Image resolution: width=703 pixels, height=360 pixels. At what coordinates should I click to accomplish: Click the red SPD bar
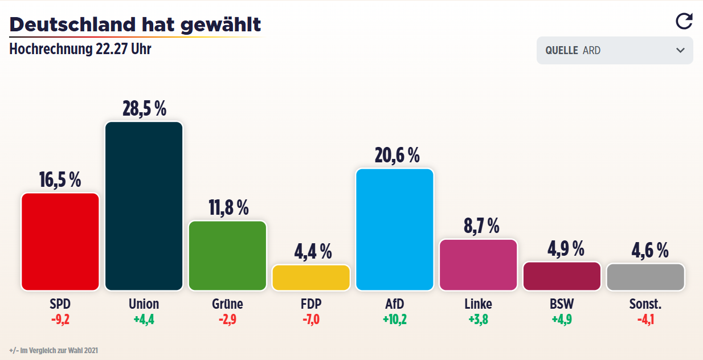click(x=60, y=242)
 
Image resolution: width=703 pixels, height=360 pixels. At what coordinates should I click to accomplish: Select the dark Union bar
click(x=144, y=206)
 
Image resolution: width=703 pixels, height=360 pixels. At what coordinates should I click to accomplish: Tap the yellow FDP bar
click(x=311, y=277)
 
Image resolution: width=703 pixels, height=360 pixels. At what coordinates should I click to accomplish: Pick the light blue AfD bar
click(x=394, y=230)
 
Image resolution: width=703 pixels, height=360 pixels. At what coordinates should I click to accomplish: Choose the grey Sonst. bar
click(x=645, y=277)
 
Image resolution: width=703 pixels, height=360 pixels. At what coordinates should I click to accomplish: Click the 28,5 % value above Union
click(x=144, y=108)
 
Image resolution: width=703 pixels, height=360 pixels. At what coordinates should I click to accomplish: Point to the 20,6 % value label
click(x=397, y=155)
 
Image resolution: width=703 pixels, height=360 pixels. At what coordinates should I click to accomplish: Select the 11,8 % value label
click(x=228, y=207)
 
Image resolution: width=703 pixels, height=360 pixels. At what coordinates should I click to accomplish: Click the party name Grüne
click(x=227, y=304)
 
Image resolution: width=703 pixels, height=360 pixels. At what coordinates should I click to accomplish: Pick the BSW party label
click(x=562, y=304)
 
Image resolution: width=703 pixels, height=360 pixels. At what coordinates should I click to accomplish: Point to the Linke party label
click(x=478, y=304)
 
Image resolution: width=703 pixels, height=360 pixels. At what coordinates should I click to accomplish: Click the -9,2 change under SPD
click(x=60, y=319)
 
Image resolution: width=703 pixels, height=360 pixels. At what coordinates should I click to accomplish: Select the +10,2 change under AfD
click(x=395, y=319)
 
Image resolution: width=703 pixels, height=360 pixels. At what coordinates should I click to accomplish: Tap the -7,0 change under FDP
click(x=311, y=319)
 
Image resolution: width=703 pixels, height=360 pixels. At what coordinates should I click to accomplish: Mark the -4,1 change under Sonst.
click(x=645, y=319)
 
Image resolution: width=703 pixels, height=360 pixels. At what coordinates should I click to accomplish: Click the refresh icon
click(x=684, y=21)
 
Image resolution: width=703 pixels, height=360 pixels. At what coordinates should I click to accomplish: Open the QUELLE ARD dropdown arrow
click(x=680, y=50)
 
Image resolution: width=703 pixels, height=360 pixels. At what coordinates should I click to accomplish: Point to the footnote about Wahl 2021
click(x=54, y=350)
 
